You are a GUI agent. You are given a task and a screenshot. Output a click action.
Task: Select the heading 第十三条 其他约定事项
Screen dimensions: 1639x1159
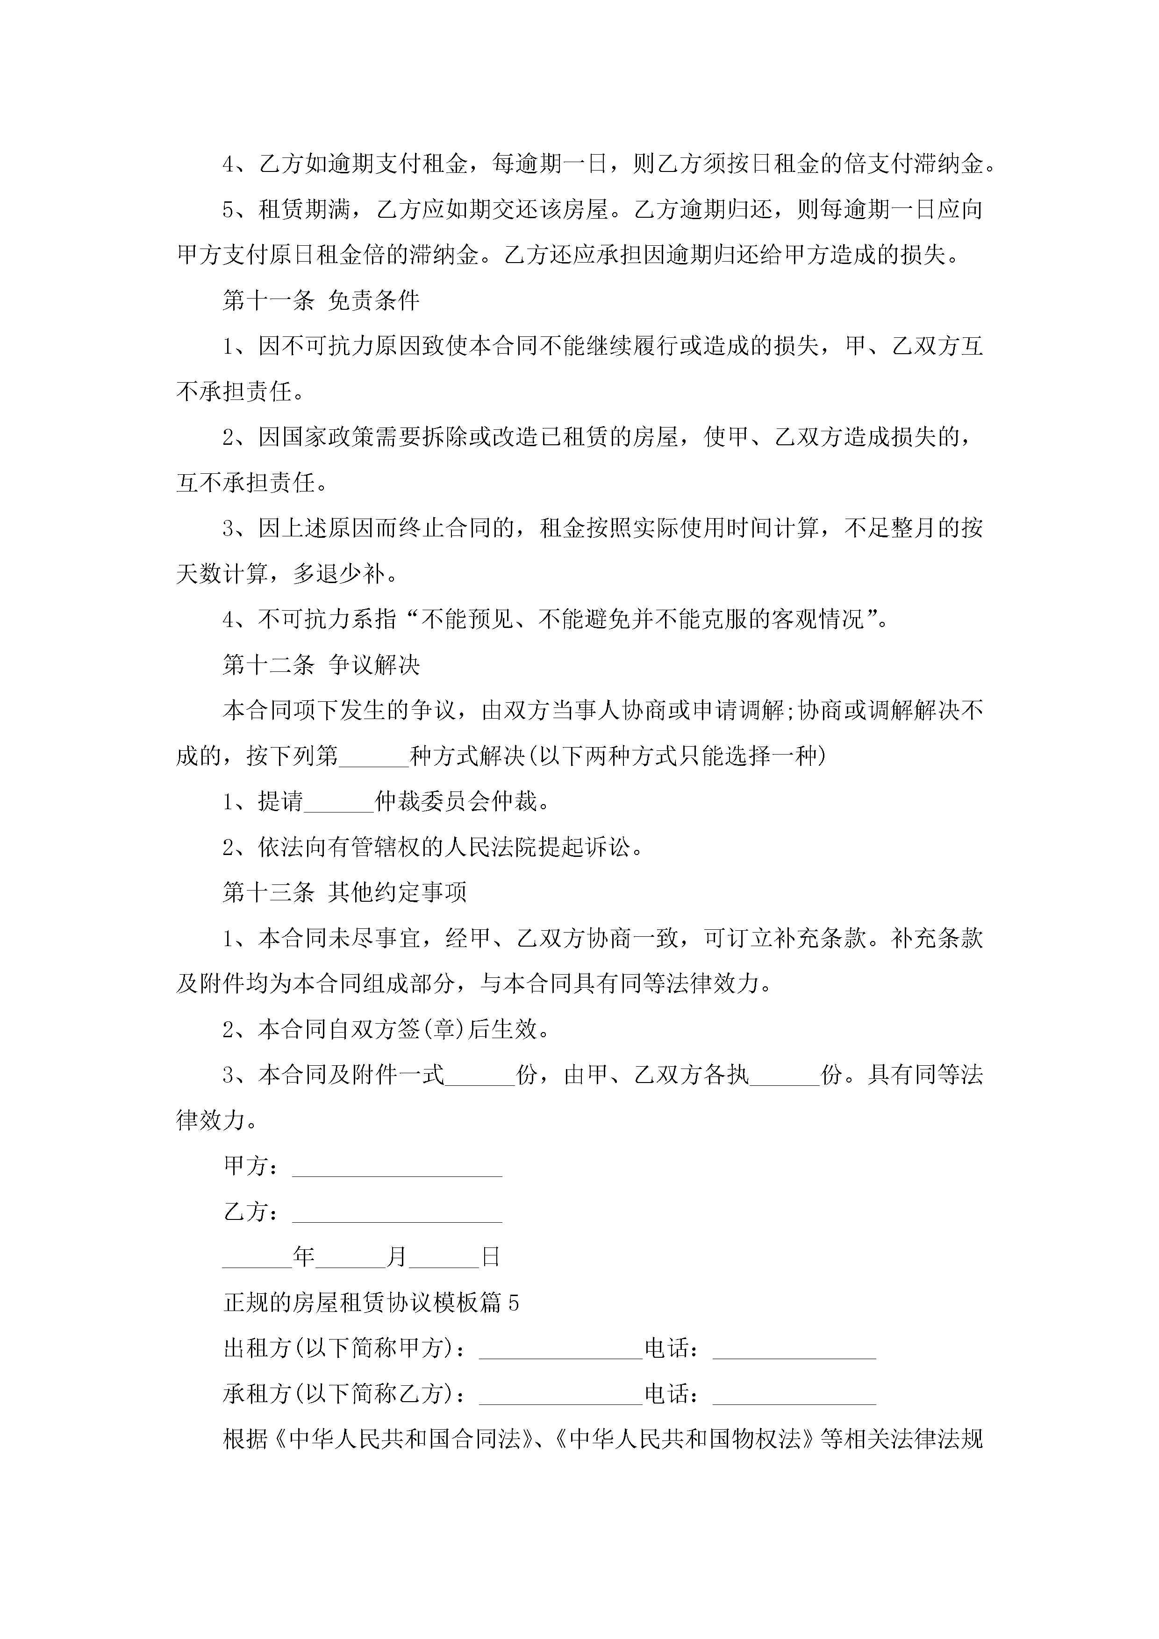point(344,892)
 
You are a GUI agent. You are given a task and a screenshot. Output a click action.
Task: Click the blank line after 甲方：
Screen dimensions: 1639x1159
point(397,1169)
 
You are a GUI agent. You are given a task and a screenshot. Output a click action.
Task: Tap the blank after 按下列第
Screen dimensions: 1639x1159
point(374,759)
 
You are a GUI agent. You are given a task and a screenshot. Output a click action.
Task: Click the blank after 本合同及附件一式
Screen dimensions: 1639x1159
point(480,1078)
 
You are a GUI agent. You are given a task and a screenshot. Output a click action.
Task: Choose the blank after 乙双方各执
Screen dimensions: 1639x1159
point(785,1078)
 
